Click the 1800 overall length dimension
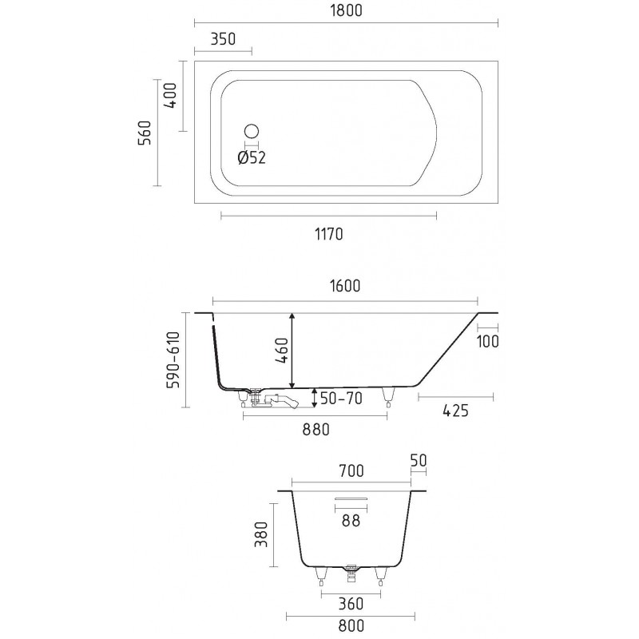pyautogui.click(x=346, y=10)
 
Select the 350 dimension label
pyautogui.click(x=223, y=38)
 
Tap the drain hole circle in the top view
pyautogui.click(x=252, y=131)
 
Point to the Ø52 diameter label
pyautogui.click(x=252, y=157)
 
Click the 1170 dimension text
pyautogui.click(x=328, y=234)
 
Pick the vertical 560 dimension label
pyautogui.click(x=145, y=133)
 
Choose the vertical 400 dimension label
pyautogui.click(x=171, y=95)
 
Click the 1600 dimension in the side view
pyautogui.click(x=345, y=286)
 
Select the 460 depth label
pyautogui.click(x=282, y=350)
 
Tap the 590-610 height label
pyautogui.click(x=173, y=359)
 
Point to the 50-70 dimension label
pyautogui.click(x=341, y=398)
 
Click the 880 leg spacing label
pyautogui.click(x=316, y=429)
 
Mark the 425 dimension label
pyautogui.click(x=455, y=411)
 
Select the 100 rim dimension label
pyautogui.click(x=487, y=341)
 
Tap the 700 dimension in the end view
pyautogui.click(x=351, y=470)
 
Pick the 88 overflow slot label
pyautogui.click(x=351, y=521)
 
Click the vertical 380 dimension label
pyautogui.click(x=261, y=534)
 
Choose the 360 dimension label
pyautogui.click(x=351, y=604)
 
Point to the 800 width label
pyautogui.click(x=351, y=625)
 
